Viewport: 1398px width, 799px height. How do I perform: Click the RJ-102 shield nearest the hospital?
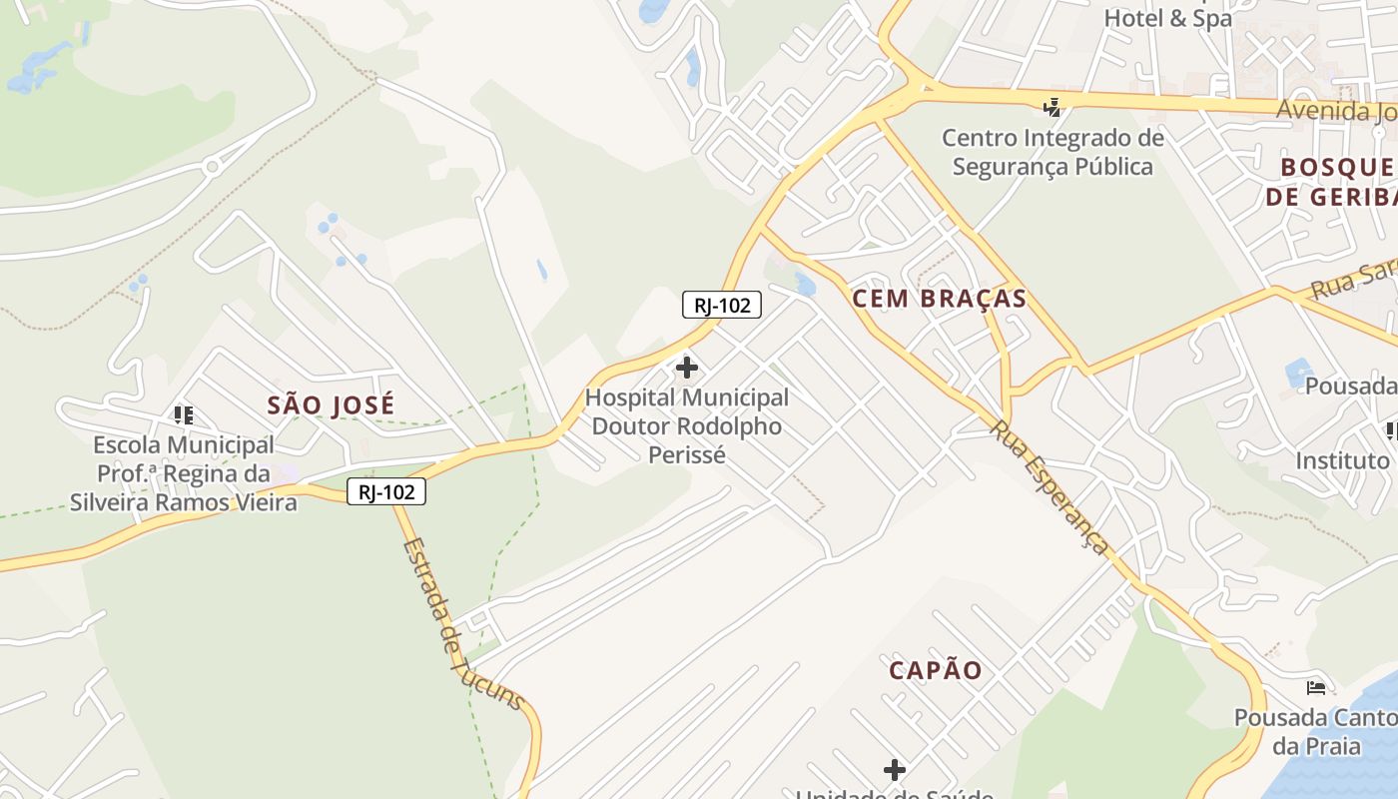(x=722, y=305)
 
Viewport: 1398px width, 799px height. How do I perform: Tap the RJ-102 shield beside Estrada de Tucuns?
(x=386, y=491)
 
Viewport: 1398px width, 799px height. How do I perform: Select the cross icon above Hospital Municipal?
(x=687, y=368)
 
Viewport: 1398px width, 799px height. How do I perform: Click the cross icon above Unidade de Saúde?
(x=895, y=769)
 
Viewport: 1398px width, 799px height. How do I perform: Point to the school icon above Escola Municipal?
(x=183, y=414)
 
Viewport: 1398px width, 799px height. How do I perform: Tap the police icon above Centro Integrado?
(x=1051, y=107)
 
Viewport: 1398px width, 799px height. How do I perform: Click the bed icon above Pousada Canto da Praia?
(x=1316, y=688)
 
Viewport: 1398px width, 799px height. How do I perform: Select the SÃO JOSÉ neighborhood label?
(x=331, y=404)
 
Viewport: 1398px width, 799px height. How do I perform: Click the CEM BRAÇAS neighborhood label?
(x=939, y=299)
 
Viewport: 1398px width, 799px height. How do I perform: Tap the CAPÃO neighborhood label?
(x=936, y=670)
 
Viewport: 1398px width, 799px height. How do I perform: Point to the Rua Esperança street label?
(x=1049, y=486)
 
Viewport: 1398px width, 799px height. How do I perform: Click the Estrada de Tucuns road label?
(x=462, y=624)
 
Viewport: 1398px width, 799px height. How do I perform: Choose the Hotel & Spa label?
(x=1167, y=18)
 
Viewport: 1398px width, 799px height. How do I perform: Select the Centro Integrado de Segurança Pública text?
(x=1052, y=152)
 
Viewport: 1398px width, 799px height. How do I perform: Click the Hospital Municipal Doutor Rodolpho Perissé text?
(x=687, y=425)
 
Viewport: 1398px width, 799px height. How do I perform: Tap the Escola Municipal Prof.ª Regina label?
(x=183, y=472)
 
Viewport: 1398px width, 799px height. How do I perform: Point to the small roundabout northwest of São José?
(x=212, y=167)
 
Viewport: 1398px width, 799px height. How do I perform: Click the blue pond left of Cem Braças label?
(x=805, y=285)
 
